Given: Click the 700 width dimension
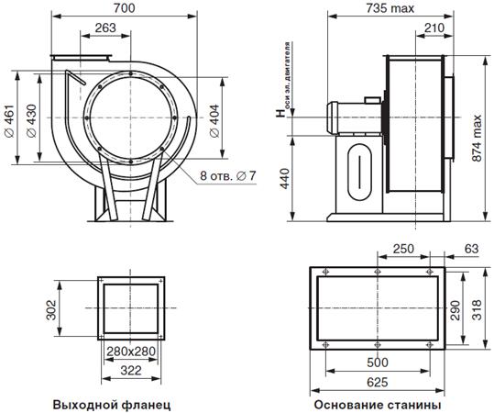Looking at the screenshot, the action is click(124, 8).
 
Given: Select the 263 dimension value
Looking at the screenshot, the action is click(105, 28).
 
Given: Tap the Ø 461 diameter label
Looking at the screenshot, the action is click(9, 120).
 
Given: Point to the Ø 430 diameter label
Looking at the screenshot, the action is click(31, 120).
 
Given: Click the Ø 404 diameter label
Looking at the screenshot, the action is click(214, 120).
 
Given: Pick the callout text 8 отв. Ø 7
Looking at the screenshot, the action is click(228, 176).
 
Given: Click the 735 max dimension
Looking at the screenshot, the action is click(390, 8).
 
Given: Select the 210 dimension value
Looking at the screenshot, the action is click(434, 28).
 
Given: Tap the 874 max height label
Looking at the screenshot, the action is click(477, 139).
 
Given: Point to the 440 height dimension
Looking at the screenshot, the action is click(284, 179).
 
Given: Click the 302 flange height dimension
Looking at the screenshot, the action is click(51, 310).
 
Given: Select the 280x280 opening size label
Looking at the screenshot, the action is click(131, 352).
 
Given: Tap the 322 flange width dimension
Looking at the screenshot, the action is click(131, 371).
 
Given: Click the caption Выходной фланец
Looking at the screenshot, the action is click(112, 405).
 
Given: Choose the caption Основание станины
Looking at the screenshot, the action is click(378, 405).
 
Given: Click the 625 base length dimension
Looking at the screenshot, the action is click(378, 383).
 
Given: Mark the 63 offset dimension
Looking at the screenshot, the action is click(472, 249).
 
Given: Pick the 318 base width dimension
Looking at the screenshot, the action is click(477, 310).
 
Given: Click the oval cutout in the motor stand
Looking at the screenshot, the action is click(359, 172).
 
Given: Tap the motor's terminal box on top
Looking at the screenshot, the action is click(372, 100).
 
